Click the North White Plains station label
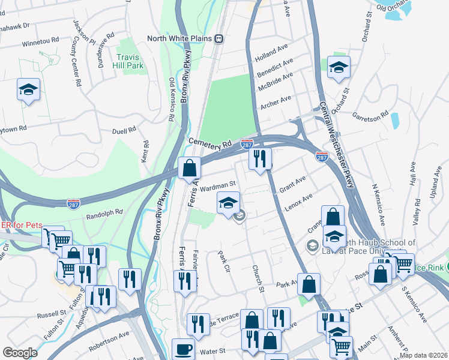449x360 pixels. click(181, 39)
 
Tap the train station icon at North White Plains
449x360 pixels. click(220, 39)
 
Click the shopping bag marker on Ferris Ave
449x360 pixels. click(189, 167)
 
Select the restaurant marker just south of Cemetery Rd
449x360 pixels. click(259, 158)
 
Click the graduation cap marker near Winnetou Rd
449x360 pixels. click(28, 89)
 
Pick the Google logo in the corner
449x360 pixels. click(20, 352)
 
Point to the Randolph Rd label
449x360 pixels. click(104, 213)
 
